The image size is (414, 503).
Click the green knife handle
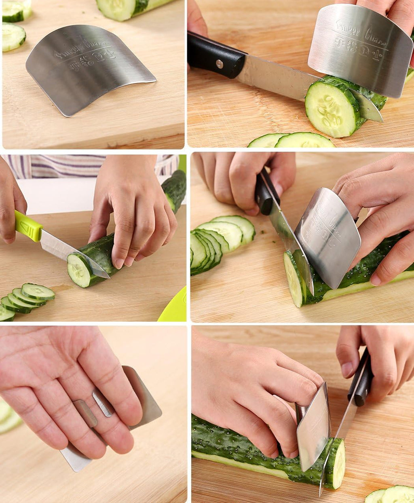click(x=28, y=226)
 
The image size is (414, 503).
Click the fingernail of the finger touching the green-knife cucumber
click(x=119, y=263)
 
